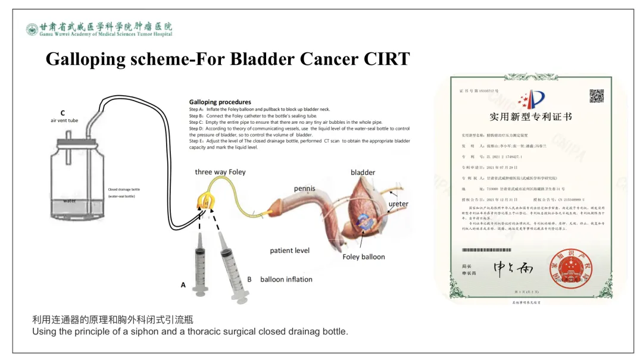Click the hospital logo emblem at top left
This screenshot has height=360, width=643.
pos(32,29)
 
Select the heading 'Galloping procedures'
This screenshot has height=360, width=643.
pos(220,102)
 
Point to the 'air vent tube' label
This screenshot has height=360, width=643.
pos(64,120)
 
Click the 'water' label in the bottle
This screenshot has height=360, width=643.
pos(70,201)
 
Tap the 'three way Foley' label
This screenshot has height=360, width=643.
pos(220,172)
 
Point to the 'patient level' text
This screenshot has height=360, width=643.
pos(289,251)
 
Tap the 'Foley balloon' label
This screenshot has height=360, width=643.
pos(363,257)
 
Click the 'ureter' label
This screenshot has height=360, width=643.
pos(398,204)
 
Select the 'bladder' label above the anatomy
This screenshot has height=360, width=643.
pos(363,173)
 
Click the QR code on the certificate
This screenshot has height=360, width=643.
pos(597,95)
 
